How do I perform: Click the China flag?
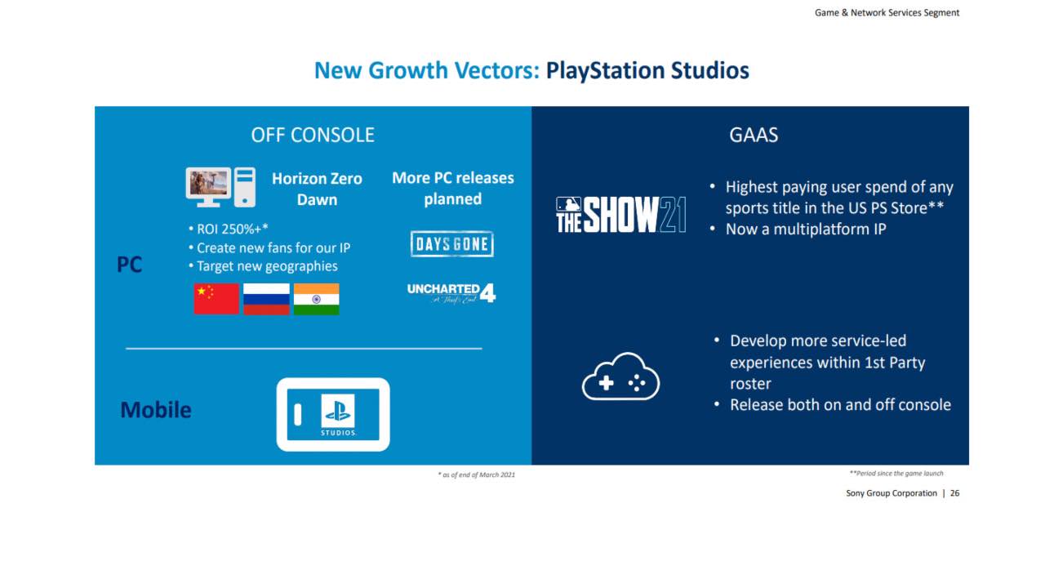point(216,299)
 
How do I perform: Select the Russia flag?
point(266,299)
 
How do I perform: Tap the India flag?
point(316,299)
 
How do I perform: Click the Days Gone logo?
point(452,243)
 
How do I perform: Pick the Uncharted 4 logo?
point(451,293)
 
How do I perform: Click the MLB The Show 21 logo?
point(621,215)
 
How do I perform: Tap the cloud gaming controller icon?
point(620,376)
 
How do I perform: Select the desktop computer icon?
point(220,187)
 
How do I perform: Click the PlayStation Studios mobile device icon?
point(333,414)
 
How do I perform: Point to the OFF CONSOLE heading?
point(313,136)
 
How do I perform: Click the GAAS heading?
point(754,136)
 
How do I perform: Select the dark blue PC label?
point(129,265)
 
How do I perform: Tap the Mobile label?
point(156,410)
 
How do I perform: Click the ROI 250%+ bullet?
point(228,229)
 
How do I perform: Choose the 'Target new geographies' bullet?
point(263,266)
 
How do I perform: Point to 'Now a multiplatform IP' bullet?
point(798,229)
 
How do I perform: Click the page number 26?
point(955,493)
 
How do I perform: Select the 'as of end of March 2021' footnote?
point(476,474)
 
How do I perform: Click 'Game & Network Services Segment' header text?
point(887,13)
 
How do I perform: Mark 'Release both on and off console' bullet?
point(833,405)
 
